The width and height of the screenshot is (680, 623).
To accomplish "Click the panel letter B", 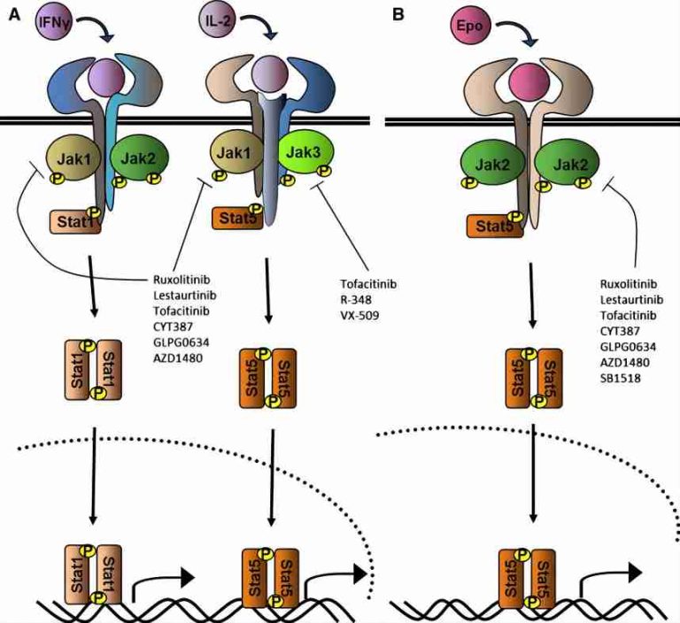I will pyautogui.click(x=398, y=15).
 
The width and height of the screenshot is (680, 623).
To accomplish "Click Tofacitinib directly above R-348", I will pyautogui.click(x=367, y=285).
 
